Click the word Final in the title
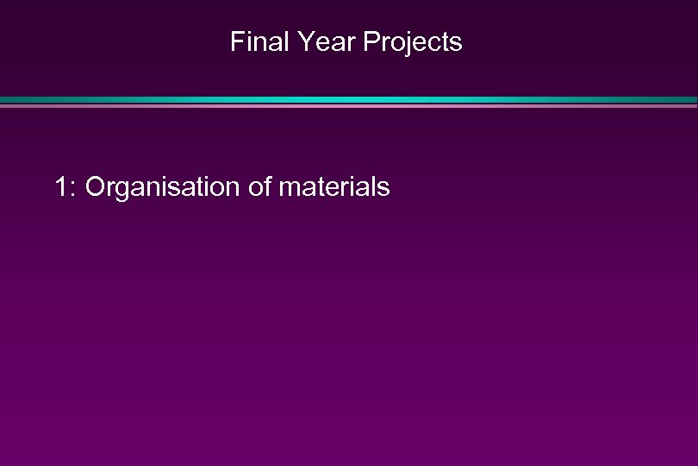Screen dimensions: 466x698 pyautogui.click(x=254, y=41)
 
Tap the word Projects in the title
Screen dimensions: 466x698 pyautogui.click(x=412, y=41)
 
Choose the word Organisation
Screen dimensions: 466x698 pyautogui.click(x=163, y=186)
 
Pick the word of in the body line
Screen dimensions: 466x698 pyautogui.click(x=259, y=186)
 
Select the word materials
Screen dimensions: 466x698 pyautogui.click(x=334, y=186)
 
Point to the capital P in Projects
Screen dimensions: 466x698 pyautogui.click(x=370, y=41)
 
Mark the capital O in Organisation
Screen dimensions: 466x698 pyautogui.click(x=97, y=186)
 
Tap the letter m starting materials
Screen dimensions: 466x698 pyautogui.click(x=289, y=188)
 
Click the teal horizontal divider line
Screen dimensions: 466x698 pyautogui.click(x=349, y=101)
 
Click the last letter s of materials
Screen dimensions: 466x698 pyautogui.click(x=384, y=188)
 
